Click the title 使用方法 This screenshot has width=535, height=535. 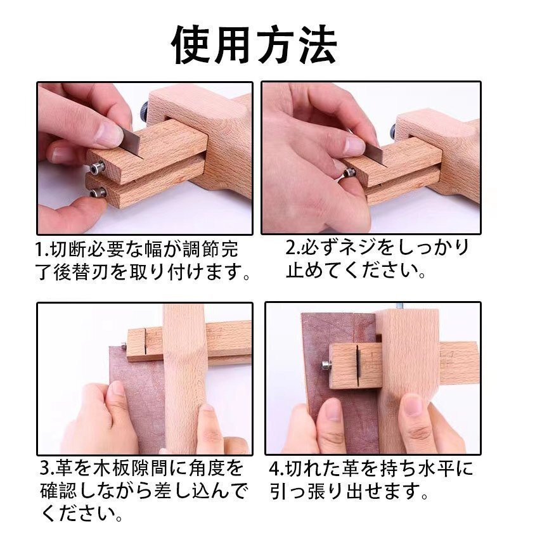click(x=254, y=44)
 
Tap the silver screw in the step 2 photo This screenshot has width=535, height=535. click(x=347, y=173)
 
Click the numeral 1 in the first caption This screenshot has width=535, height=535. click(x=39, y=248)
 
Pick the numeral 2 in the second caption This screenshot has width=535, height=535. click(x=291, y=248)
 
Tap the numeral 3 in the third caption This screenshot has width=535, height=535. click(x=45, y=470)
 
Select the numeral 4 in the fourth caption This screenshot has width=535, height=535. click(x=274, y=470)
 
